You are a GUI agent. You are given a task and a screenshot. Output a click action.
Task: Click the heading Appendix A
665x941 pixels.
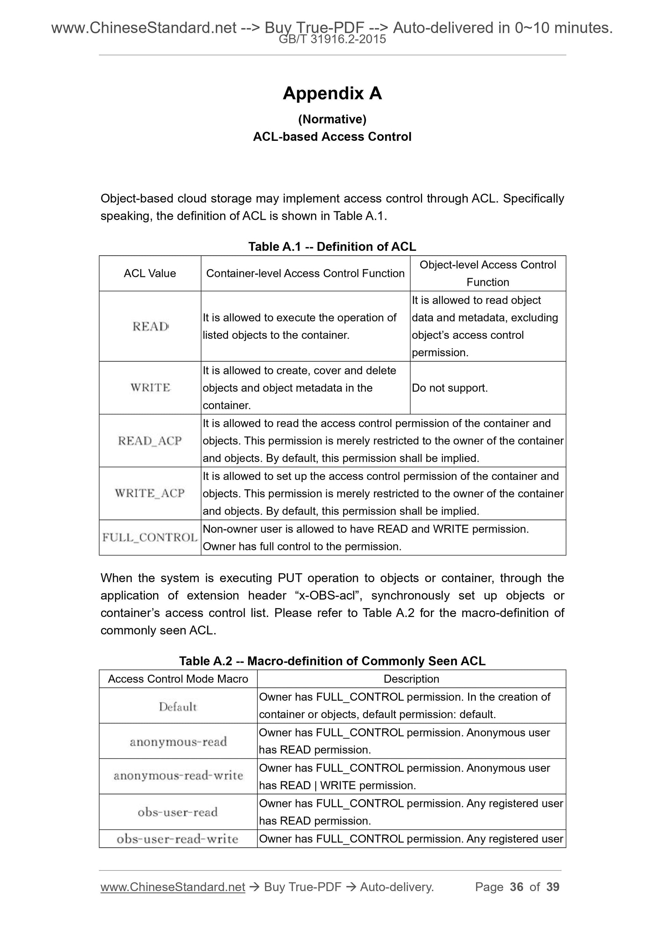coord(332,93)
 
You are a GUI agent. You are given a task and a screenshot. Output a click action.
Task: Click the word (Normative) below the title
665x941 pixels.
coord(332,119)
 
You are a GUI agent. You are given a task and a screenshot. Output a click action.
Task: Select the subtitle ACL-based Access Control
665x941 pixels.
coord(332,136)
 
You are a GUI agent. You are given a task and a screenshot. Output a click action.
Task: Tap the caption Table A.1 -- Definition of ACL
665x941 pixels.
coord(332,246)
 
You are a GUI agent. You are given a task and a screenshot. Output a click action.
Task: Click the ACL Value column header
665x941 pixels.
coord(150,273)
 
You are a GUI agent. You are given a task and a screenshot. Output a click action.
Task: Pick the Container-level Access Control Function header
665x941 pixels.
coord(305,273)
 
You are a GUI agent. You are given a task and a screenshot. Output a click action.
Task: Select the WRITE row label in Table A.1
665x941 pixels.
coord(150,387)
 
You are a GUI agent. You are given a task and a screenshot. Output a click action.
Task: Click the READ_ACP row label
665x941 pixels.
coord(150,441)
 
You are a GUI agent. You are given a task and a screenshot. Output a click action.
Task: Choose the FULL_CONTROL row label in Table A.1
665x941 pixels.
coord(150,537)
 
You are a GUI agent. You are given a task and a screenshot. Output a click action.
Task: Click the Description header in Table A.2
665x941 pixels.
coord(411,679)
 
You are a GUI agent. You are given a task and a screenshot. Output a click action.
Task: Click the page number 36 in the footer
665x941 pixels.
coord(516,887)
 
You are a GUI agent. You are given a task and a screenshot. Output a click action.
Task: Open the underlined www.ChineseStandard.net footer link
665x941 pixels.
coord(173,887)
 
